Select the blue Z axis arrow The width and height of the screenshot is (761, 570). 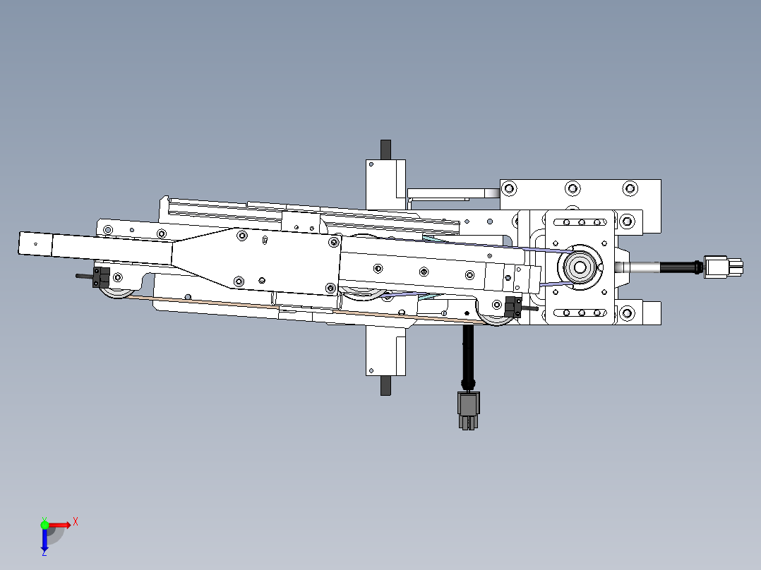coord(44,540)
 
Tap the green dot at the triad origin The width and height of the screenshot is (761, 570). coord(44,524)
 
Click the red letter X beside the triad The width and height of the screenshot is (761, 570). coord(75,521)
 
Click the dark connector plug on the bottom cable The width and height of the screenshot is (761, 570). coord(467,410)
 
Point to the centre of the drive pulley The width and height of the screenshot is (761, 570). coord(580,267)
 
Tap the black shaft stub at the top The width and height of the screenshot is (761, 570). coord(385,150)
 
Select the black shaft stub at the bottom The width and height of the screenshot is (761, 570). coord(385,386)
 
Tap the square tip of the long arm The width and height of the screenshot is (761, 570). coord(35,243)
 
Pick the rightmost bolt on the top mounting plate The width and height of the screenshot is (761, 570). coord(630,188)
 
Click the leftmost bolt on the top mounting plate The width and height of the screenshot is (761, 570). coord(508,188)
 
